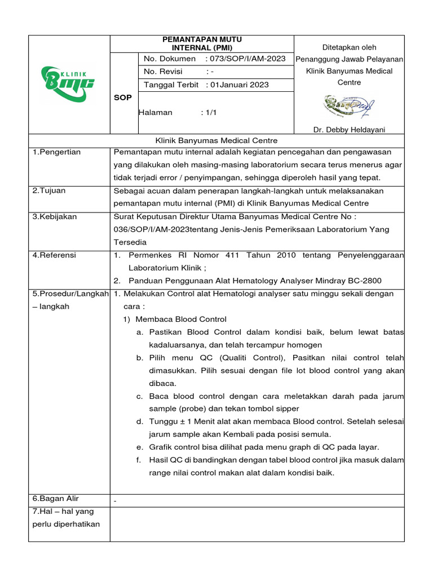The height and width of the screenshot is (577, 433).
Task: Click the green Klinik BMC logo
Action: pyautogui.click(x=68, y=83)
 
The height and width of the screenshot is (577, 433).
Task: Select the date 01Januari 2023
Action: pyautogui.click(x=239, y=85)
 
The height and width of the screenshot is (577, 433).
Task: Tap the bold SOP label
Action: pyautogui.click(x=123, y=97)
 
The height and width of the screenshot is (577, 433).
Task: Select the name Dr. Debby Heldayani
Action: pyautogui.click(x=349, y=130)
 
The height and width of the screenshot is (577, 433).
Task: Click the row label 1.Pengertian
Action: pyautogui.click(x=56, y=152)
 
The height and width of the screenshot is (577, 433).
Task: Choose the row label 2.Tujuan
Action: pyautogui.click(x=49, y=190)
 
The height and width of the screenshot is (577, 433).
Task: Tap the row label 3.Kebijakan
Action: pyautogui.click(x=55, y=216)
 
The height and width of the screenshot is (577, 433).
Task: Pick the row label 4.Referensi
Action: pyautogui.click(x=54, y=255)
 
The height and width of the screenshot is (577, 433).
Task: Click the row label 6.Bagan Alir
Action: pyautogui.click(x=55, y=499)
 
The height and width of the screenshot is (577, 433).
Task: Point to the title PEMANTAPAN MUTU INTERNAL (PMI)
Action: pyautogui.click(x=202, y=43)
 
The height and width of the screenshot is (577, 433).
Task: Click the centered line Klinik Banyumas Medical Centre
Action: pyautogui.click(x=216, y=140)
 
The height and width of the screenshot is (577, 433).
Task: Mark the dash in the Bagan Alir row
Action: pyautogui.click(x=116, y=500)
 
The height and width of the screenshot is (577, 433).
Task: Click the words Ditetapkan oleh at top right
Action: pyautogui.click(x=349, y=47)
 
